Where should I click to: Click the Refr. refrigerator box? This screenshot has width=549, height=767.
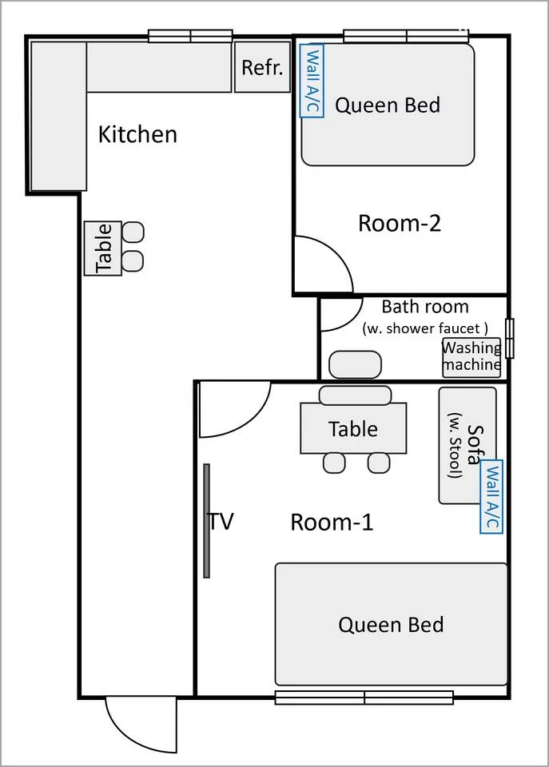click(x=262, y=67)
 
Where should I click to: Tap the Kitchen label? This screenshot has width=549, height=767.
click(x=137, y=134)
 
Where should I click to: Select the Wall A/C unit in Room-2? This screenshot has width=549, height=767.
click(x=312, y=81)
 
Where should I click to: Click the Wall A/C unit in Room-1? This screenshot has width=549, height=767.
click(x=491, y=496)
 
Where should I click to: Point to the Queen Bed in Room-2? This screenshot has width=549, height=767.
click(x=388, y=105)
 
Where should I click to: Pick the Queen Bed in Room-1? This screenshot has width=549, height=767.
click(x=391, y=624)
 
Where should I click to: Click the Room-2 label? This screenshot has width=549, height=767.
click(x=400, y=223)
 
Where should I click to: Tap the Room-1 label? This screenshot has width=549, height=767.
click(x=332, y=522)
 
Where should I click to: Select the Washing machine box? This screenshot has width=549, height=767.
click(x=471, y=357)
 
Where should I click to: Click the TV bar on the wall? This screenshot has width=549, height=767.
click(x=206, y=521)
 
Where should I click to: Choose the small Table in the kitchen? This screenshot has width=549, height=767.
click(x=103, y=248)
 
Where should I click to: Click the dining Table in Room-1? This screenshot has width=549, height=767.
click(x=353, y=428)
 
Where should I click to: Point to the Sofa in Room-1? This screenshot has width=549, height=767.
click(x=467, y=445)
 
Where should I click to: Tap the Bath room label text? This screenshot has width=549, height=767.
click(x=424, y=307)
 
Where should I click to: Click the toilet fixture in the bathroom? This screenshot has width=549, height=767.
click(x=355, y=364)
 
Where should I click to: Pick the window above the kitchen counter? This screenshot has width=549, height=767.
click(x=190, y=36)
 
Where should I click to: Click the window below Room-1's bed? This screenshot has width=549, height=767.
click(x=364, y=697)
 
